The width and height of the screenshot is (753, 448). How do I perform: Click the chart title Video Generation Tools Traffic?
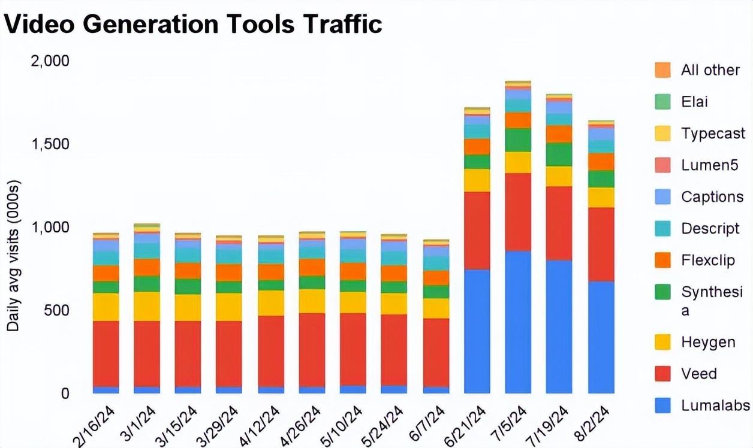(193, 24)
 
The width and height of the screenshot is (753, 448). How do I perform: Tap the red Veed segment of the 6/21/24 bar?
(477, 231)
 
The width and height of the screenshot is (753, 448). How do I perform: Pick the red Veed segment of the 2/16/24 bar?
(106, 353)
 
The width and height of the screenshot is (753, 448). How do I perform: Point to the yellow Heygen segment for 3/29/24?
(229, 307)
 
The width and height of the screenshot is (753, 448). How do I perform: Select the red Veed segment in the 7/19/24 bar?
(559, 223)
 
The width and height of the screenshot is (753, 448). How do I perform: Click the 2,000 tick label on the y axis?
(50, 61)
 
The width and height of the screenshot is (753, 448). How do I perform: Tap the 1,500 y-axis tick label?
(50, 144)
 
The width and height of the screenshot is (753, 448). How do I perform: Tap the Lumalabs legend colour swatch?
(662, 405)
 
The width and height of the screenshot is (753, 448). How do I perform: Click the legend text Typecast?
(713, 134)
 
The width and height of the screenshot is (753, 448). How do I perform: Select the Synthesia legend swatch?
(662, 292)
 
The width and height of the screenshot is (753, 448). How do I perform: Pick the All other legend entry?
(710, 70)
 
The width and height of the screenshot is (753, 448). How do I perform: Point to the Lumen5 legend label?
(709, 165)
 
